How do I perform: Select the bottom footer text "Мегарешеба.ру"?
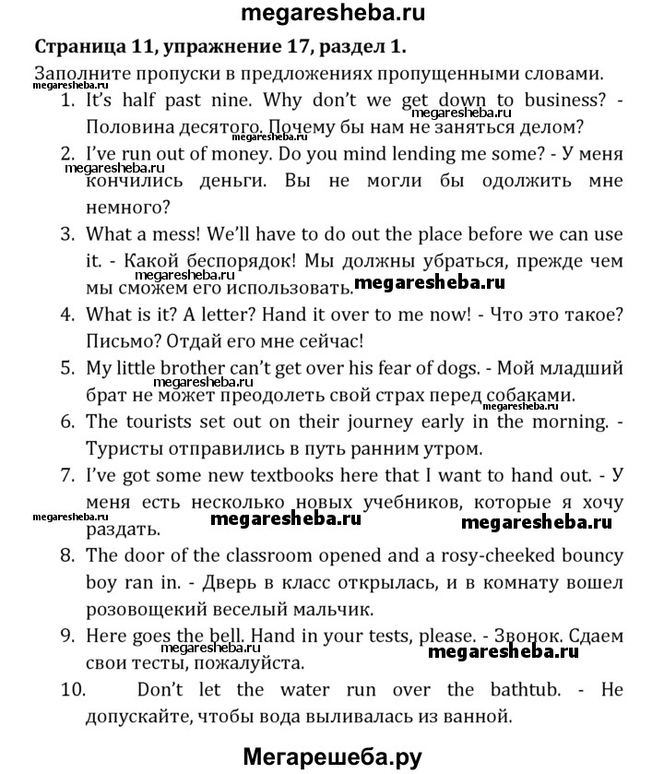point(332,756)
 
